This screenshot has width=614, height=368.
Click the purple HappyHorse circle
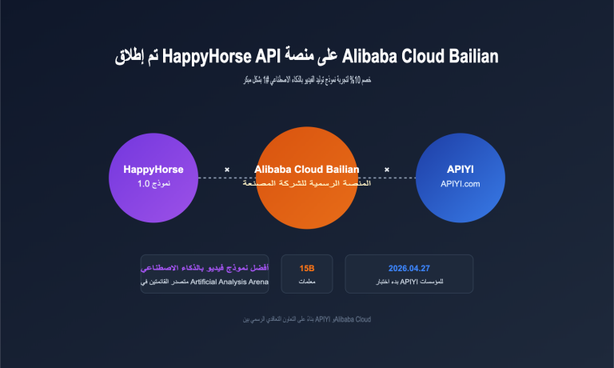tap(153, 177)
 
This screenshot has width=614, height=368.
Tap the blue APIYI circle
tap(460, 177)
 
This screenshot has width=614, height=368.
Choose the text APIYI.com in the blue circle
tap(460, 184)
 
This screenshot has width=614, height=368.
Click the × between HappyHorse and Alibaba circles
tap(227, 170)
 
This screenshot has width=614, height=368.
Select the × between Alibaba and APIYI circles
tap(387, 170)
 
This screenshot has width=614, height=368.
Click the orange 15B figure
tap(307, 267)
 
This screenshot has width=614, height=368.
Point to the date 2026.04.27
tap(409, 267)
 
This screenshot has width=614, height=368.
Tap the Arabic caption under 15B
tap(307, 282)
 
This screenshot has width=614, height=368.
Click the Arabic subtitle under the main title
tap(307, 81)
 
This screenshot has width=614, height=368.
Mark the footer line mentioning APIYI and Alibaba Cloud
tap(307, 319)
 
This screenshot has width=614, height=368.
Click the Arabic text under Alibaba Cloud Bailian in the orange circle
tap(307, 184)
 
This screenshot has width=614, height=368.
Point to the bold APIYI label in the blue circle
tap(460, 169)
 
